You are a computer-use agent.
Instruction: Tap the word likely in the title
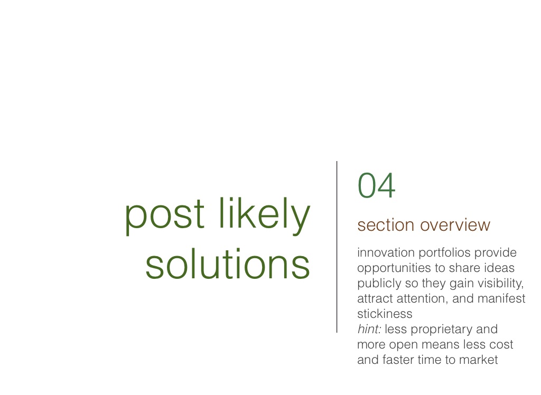[x=264, y=214]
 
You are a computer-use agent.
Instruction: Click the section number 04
[x=376, y=185]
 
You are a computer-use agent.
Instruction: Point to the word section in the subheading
[x=386, y=225]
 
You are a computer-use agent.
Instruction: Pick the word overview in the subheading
[x=455, y=225]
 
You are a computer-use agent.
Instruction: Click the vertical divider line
[x=337, y=247]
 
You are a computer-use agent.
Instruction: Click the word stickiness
[x=385, y=314]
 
